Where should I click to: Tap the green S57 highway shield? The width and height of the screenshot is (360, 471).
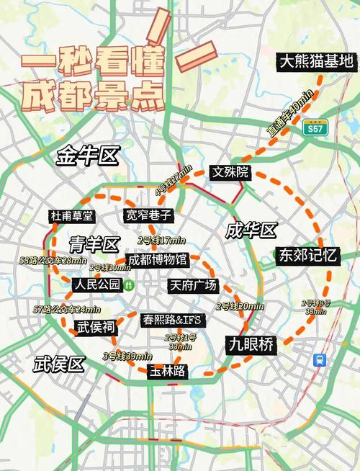315,130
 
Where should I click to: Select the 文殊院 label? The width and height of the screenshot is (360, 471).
230,172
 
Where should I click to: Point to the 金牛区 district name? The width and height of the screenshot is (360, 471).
88,156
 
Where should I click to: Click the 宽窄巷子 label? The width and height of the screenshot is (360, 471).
149,215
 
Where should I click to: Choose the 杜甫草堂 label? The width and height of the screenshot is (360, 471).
72,215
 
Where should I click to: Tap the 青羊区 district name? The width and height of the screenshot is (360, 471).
94,243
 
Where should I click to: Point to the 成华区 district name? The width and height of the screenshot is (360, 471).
251,230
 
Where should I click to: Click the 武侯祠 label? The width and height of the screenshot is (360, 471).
96,326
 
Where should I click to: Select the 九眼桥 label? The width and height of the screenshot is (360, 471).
251,344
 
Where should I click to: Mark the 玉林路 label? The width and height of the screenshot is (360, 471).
167,372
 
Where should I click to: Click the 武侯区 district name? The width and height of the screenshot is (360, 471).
60,364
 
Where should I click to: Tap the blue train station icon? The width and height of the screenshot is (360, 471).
318,359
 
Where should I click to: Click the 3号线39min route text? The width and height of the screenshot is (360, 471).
127,356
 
